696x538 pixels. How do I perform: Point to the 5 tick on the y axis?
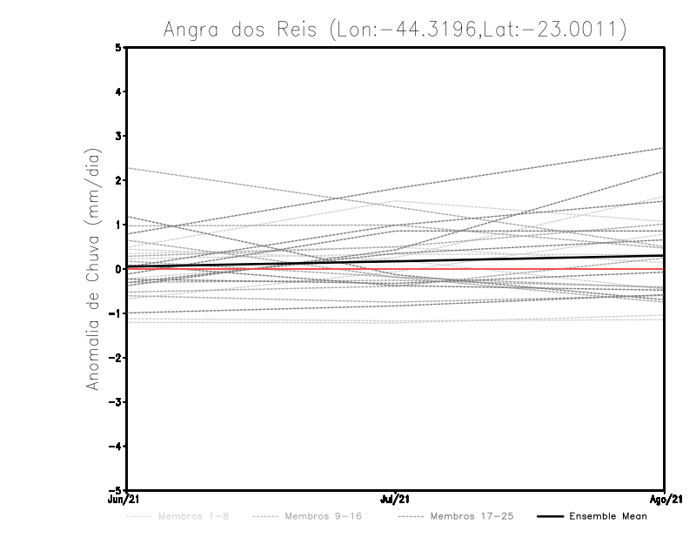click(119, 47)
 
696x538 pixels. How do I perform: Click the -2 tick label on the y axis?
click(117, 357)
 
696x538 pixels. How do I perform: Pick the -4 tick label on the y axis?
click(117, 446)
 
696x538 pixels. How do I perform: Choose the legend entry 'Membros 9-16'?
click(322, 516)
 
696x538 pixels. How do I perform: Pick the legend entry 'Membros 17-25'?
click(472, 516)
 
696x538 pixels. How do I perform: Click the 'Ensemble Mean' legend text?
click(608, 516)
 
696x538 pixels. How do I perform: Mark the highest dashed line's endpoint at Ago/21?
click(664, 148)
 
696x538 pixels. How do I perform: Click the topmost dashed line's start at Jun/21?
click(127, 168)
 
